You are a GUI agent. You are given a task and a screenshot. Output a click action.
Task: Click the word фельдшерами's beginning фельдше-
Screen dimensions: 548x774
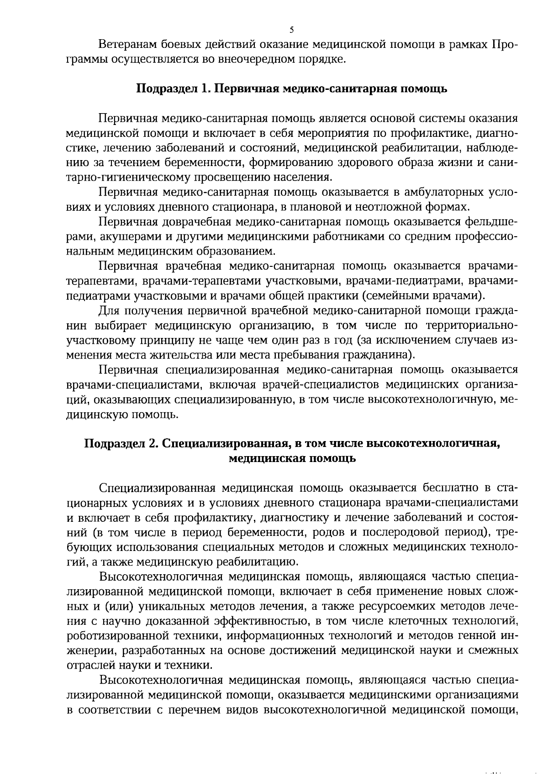(x=491, y=222)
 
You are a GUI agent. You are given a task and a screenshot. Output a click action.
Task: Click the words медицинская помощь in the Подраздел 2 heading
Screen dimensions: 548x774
(x=292, y=458)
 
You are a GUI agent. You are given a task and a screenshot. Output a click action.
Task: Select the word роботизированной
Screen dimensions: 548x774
(x=114, y=636)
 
